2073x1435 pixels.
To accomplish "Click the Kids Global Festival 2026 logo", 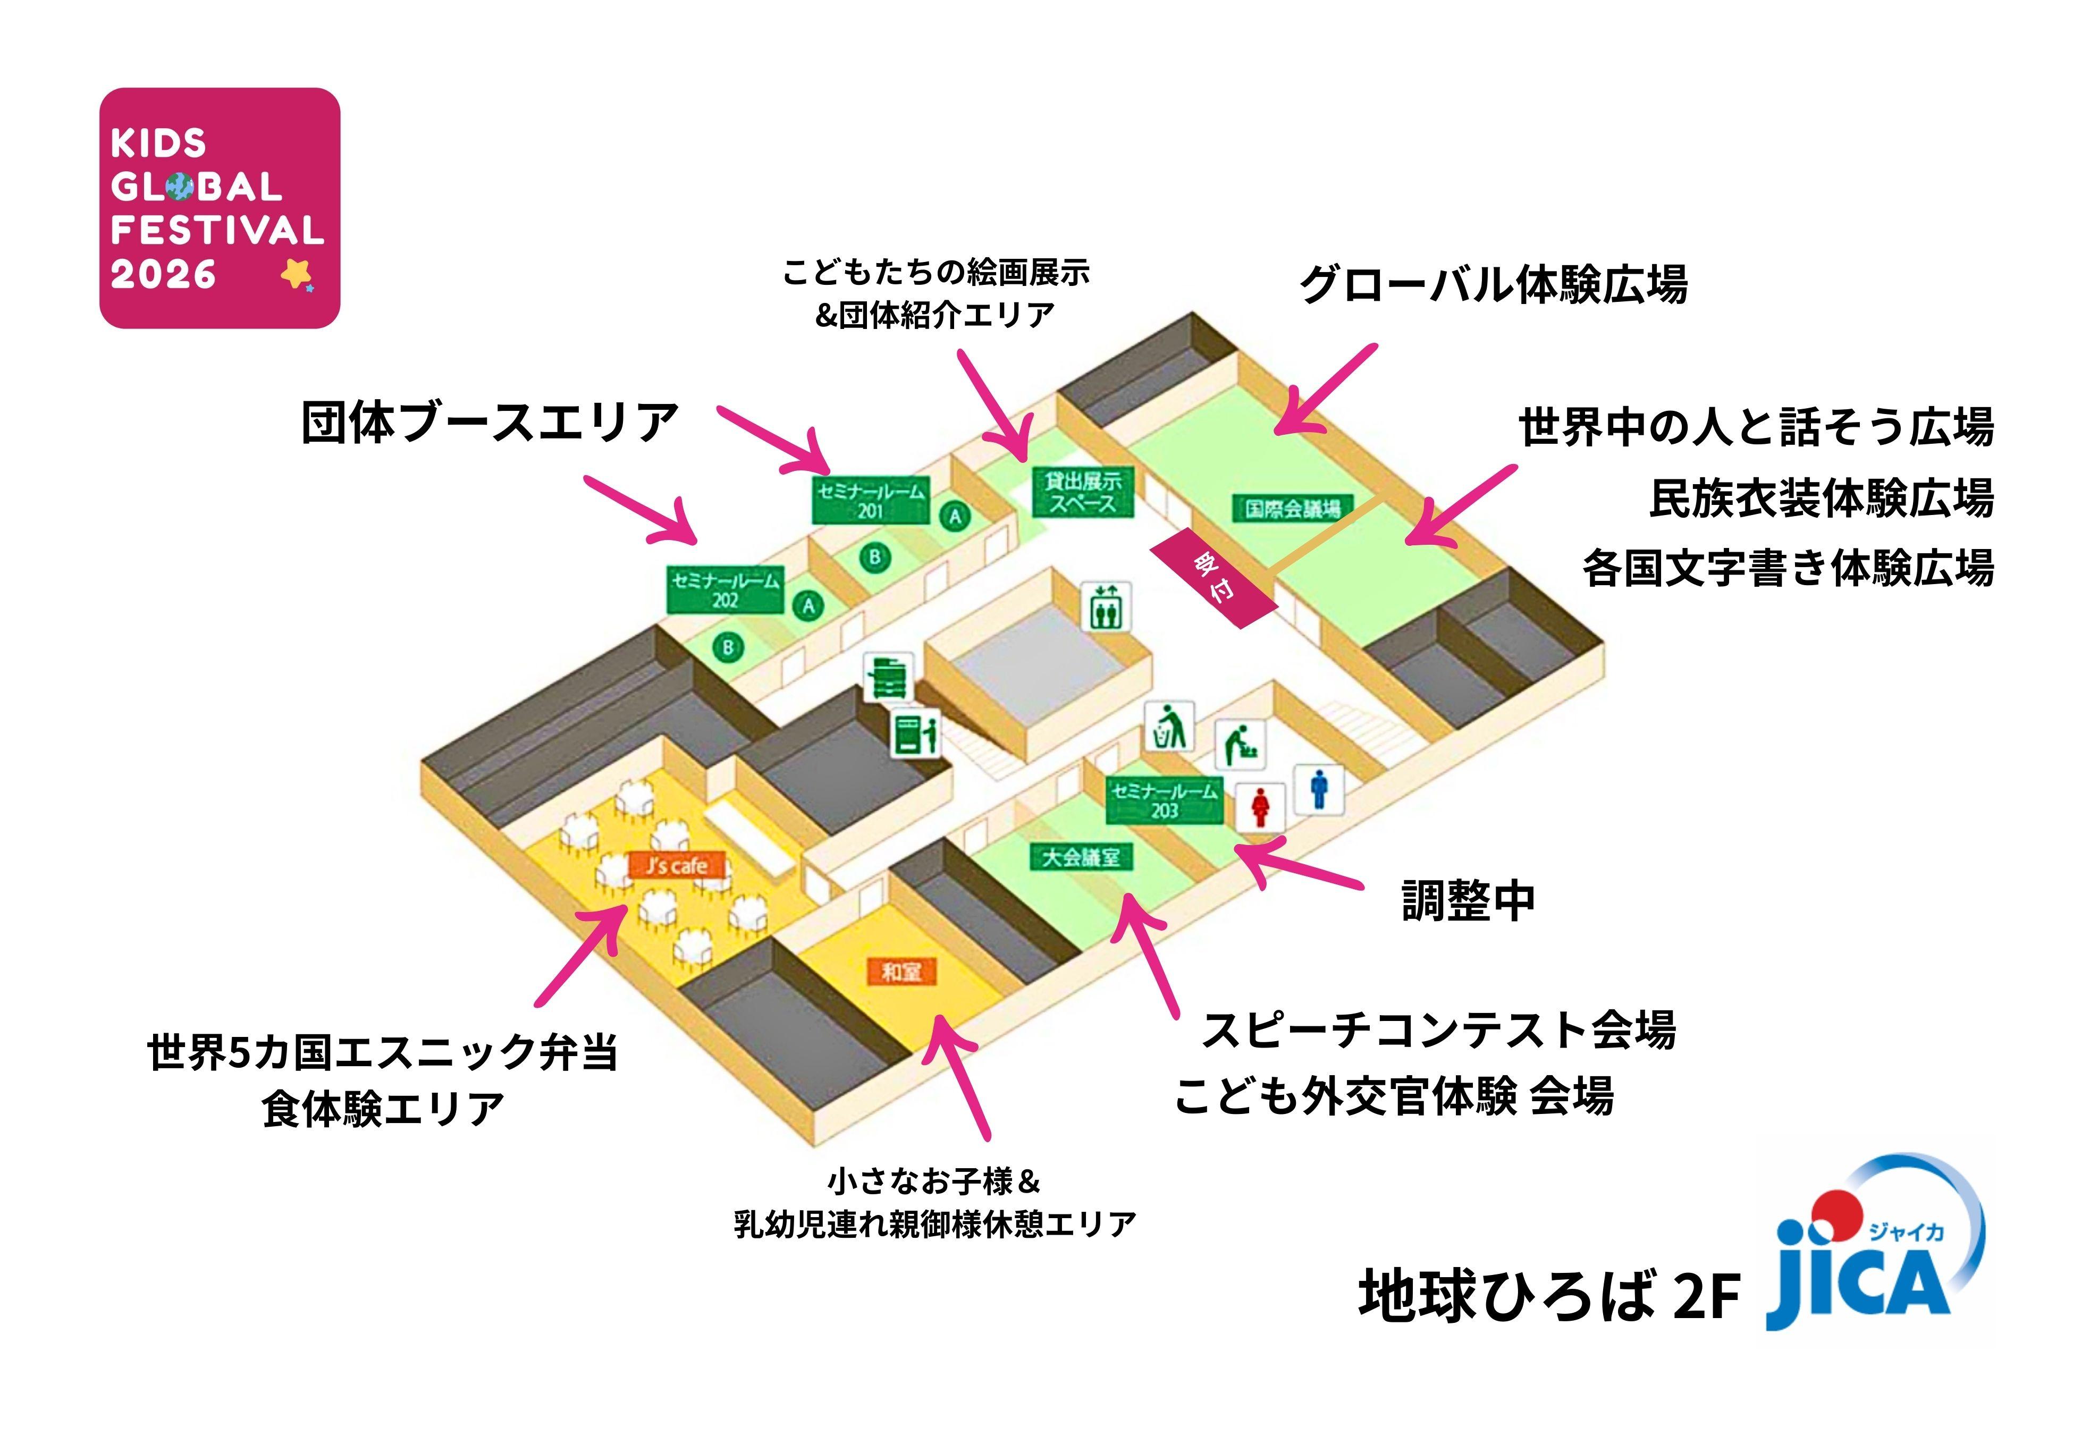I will click(220, 208).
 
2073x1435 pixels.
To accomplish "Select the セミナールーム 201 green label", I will click(870, 501).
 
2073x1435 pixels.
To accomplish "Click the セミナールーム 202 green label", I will click(724, 590).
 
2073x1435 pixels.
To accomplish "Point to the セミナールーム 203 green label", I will click(1164, 799).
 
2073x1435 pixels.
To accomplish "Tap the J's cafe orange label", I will click(676, 866).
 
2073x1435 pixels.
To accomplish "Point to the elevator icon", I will click(1106, 607).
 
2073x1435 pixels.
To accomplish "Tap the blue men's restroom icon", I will click(1319, 789).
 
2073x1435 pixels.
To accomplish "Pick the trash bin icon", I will click(1169, 727).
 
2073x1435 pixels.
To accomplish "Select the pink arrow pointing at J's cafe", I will click(584, 953).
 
